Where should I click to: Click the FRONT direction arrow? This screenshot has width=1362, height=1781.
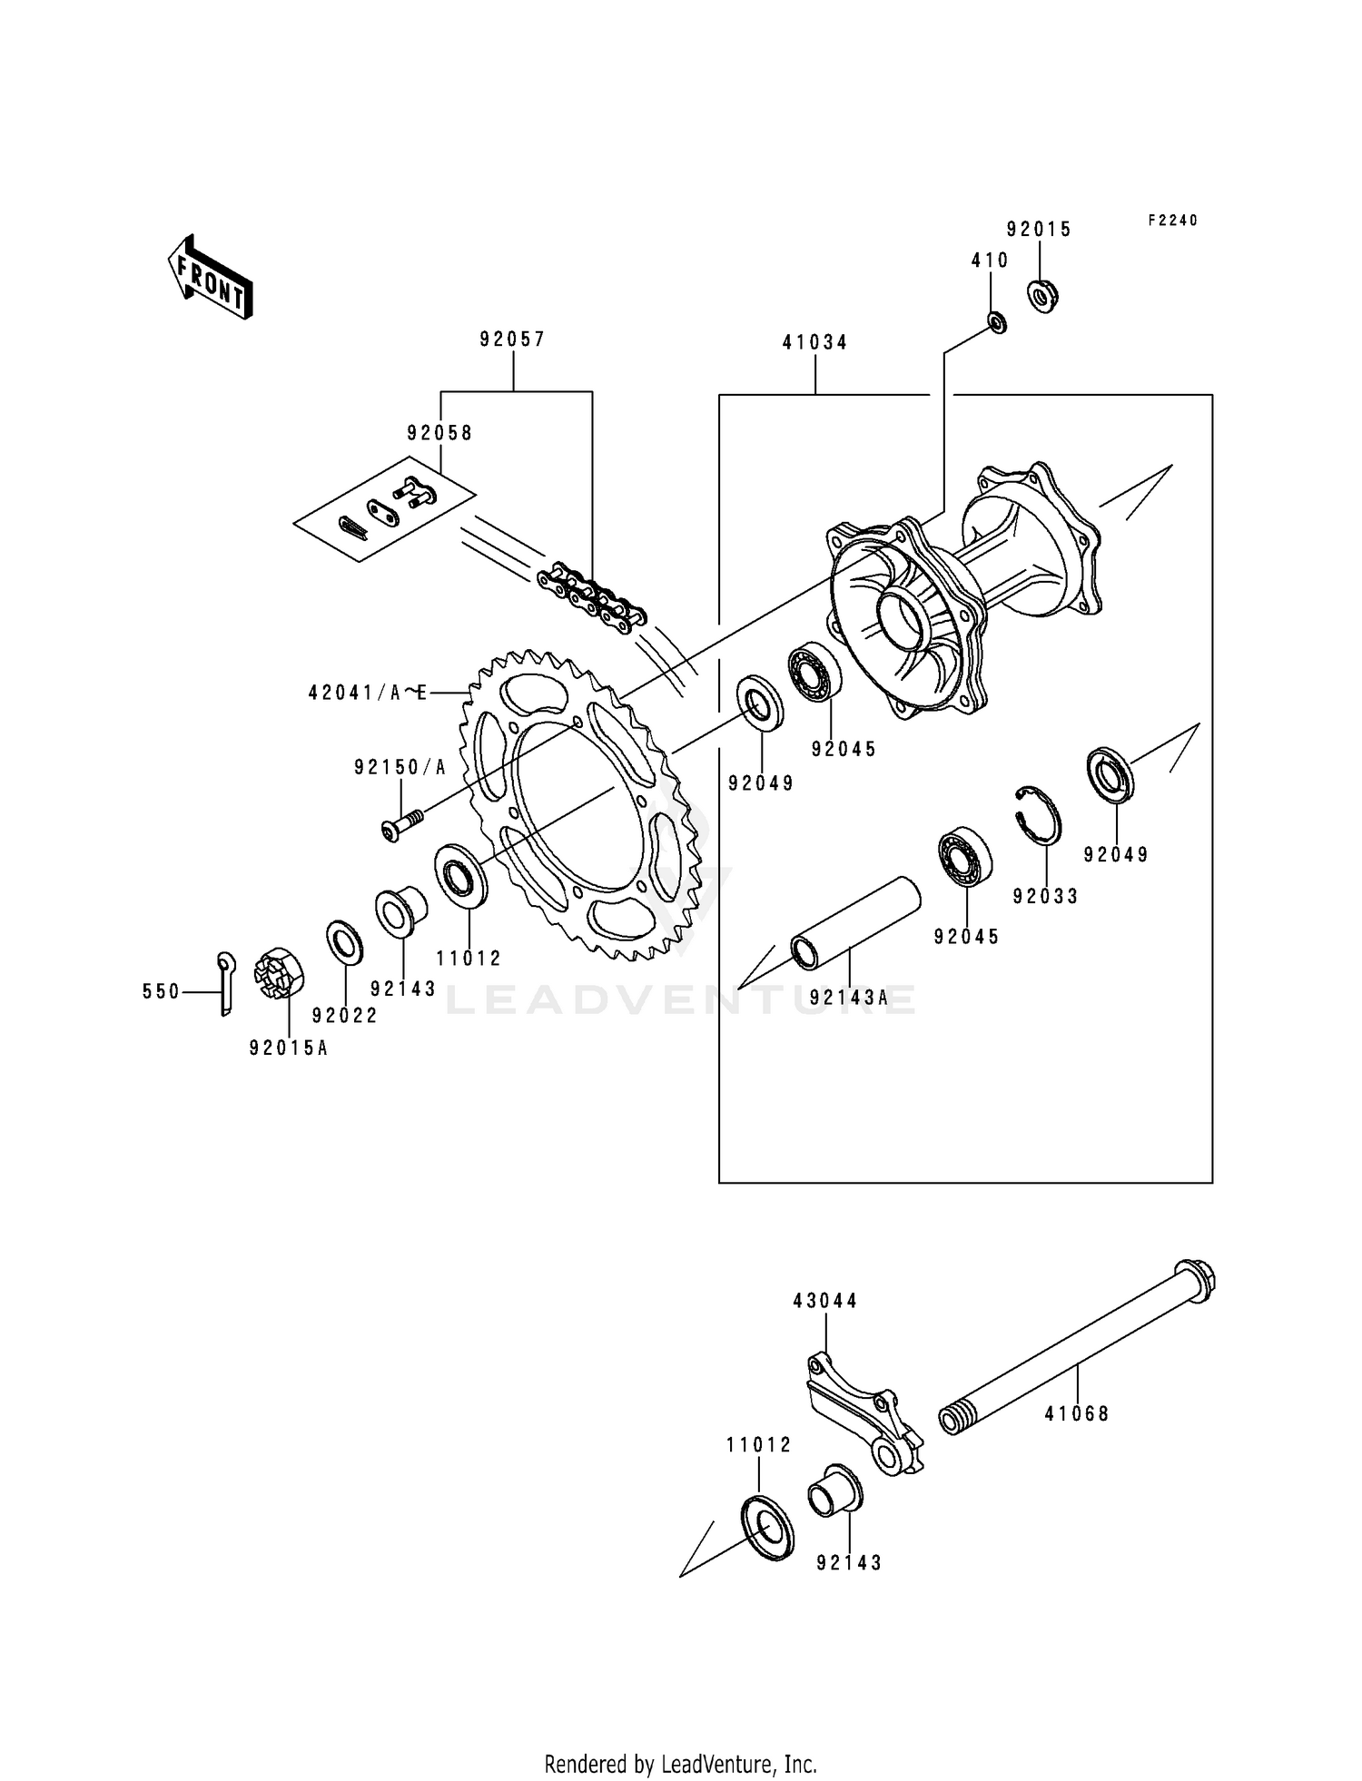click(x=210, y=277)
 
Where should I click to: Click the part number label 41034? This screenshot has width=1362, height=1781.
click(x=814, y=342)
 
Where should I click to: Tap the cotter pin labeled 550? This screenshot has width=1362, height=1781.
click(x=225, y=983)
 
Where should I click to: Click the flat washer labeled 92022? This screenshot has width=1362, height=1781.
click(x=344, y=943)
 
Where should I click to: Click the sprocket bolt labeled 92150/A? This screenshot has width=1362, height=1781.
click(x=400, y=823)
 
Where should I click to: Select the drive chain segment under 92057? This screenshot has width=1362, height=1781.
click(x=591, y=600)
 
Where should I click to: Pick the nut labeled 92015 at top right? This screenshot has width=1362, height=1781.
click(x=1043, y=296)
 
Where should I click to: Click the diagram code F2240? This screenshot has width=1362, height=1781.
click(x=1172, y=221)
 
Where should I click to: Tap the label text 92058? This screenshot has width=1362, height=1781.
click(x=439, y=433)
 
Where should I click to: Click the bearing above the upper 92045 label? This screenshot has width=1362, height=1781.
click(x=814, y=671)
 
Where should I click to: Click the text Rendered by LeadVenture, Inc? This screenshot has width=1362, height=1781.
click(x=680, y=1764)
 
